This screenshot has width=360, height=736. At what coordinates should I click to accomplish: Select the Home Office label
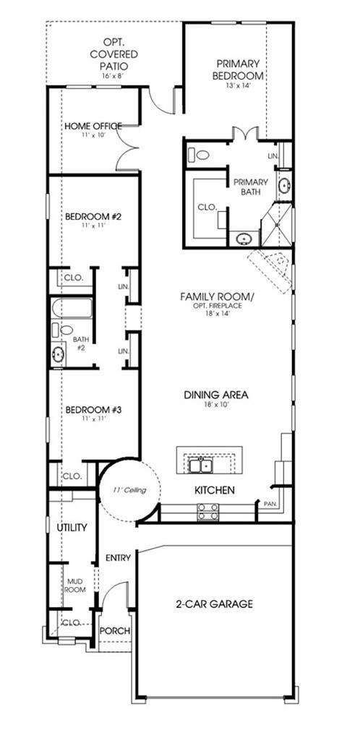coord(93,126)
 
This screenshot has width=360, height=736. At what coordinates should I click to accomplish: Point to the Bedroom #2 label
coord(93,216)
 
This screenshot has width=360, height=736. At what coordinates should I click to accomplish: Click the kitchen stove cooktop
coord(207,512)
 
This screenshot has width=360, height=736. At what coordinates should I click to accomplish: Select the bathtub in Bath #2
coord(72,309)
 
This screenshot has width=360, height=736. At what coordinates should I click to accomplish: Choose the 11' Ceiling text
coord(129,490)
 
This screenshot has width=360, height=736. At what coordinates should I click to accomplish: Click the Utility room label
coord(72,528)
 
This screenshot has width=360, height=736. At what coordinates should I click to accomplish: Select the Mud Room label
coord(76,584)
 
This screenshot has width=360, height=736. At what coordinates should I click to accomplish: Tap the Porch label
coord(114,631)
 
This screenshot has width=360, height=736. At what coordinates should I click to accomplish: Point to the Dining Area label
coord(215,395)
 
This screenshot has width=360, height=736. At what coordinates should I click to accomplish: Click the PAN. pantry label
coord(269,502)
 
